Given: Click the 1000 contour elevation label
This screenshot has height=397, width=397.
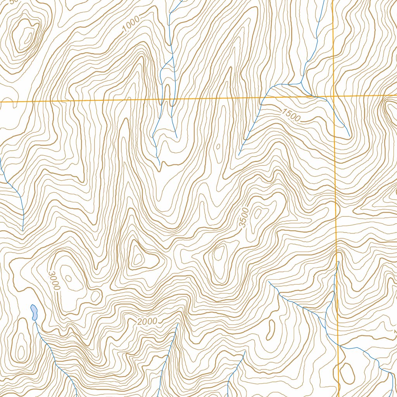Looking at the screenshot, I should pyautogui.click(x=130, y=26).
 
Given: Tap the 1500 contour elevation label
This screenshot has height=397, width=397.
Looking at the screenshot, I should pyautogui.click(x=291, y=115).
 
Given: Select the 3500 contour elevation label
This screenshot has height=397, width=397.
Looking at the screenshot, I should pyautogui.click(x=243, y=217).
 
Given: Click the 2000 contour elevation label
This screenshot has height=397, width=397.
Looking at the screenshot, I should pyautogui.click(x=147, y=321).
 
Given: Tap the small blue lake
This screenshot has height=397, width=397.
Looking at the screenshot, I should pyautogui.click(x=34, y=312).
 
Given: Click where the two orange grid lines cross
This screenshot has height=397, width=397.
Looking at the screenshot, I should pyautogui.click(x=334, y=96).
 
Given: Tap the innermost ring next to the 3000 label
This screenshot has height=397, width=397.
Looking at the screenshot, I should pyautogui.click(x=68, y=278).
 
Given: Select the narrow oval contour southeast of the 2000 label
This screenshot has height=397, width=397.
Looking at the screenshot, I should pyautogui.click(x=271, y=329).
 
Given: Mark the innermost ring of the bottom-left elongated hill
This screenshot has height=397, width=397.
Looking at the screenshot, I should pyautogui.click(x=21, y=352).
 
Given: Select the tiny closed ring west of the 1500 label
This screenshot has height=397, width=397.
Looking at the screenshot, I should pyautogui.click(x=218, y=147).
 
